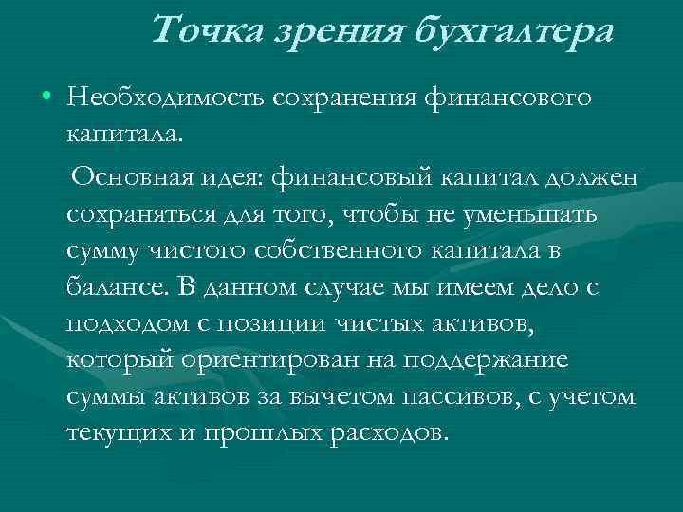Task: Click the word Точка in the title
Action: pyautogui.click(x=201, y=31)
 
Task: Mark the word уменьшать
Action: pyautogui.click(x=534, y=214)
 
